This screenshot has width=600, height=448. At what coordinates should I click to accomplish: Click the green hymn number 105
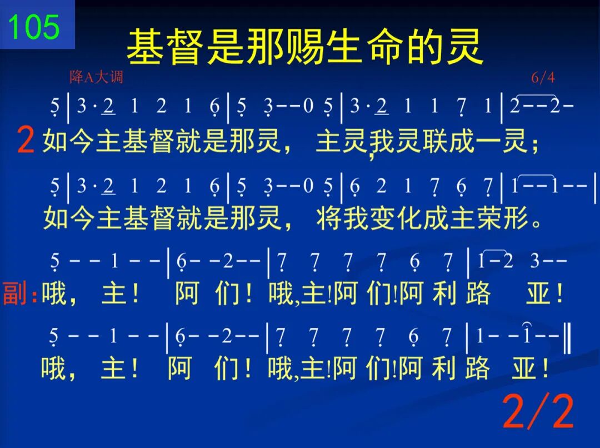[34, 27]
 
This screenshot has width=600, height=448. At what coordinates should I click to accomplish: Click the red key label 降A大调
[97, 77]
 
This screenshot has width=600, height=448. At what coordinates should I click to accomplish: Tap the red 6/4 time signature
[543, 78]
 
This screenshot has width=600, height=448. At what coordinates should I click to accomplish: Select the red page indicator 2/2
[538, 411]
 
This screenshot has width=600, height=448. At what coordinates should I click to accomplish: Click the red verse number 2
[26, 141]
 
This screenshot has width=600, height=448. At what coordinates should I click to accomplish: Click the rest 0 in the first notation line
[308, 105]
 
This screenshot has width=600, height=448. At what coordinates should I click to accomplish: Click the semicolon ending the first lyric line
[534, 144]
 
